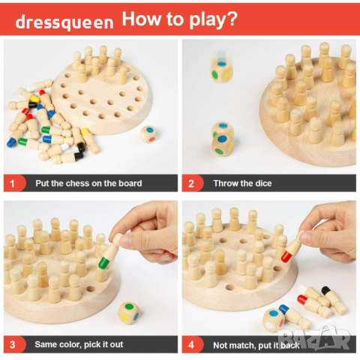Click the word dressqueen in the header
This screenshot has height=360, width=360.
point(64,22)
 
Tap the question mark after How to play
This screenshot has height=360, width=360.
point(232,19)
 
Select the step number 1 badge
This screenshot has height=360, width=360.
point(14,184)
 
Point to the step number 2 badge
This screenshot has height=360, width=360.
point(193,184)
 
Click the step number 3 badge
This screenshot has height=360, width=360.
point(14,344)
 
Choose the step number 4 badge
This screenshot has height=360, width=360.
point(193,344)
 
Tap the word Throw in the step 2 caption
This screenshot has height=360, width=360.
point(225,184)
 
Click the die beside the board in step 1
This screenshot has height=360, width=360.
point(148,134)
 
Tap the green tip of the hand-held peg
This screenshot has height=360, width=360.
point(104,263)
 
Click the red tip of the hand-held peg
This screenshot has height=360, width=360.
point(286,257)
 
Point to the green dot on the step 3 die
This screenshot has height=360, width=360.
point(129,307)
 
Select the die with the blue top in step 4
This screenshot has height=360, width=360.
point(273,320)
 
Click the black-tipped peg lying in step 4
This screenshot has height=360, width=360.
point(334,301)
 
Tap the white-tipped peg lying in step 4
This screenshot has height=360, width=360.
point(314,295)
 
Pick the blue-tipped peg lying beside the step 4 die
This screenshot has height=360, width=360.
point(295,316)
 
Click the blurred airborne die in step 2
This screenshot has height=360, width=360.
point(221,70)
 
